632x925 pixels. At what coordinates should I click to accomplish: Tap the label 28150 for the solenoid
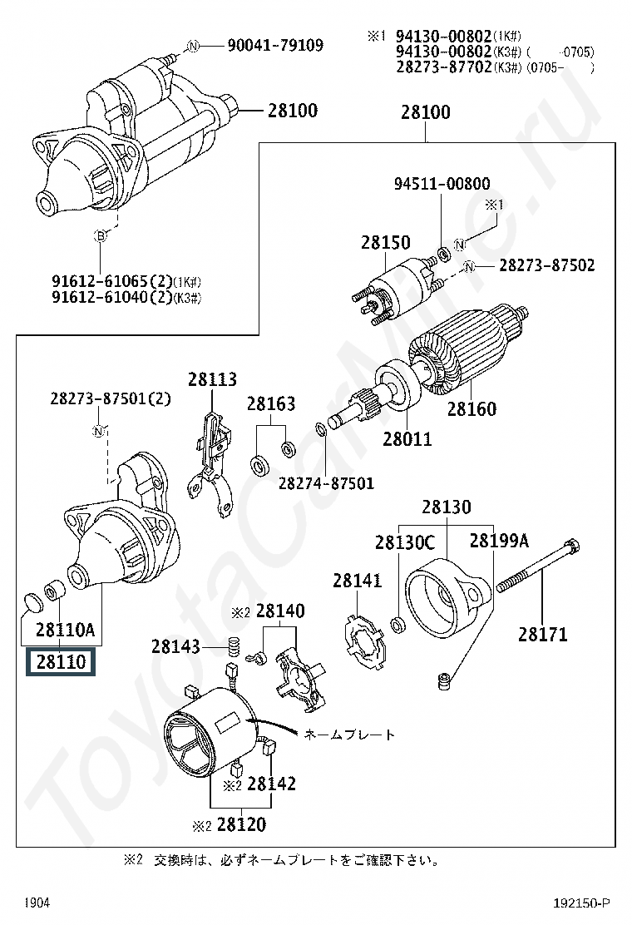tap(385, 243)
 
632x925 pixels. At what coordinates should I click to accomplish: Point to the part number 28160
tap(472, 408)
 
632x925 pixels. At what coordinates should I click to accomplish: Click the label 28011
tap(407, 438)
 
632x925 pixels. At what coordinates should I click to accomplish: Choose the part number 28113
tap(212, 379)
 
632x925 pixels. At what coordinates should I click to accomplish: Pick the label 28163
tap(270, 404)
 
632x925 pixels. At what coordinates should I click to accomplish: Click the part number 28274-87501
tap(326, 483)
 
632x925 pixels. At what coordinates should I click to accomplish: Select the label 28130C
tap(405, 542)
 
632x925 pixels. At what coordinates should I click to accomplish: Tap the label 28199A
tap(499, 541)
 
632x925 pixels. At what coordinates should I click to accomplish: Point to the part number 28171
tap(543, 635)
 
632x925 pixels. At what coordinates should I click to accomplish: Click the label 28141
tap(358, 581)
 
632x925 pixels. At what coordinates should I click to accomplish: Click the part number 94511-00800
tap(442, 184)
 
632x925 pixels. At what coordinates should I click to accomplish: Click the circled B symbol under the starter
tap(101, 237)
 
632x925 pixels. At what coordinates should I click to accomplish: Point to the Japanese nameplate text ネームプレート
tap(349, 735)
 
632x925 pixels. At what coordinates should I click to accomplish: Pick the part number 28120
tap(241, 825)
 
